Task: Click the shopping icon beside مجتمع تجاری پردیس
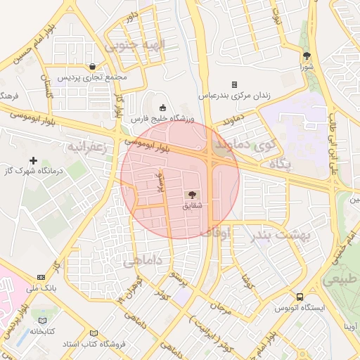[93, 67]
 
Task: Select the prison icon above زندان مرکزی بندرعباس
[234, 84]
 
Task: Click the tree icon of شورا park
[306, 56]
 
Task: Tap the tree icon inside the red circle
[192, 194]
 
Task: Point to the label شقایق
[192, 205]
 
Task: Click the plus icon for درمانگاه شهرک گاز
[33, 160]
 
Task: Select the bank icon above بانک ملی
[41, 277]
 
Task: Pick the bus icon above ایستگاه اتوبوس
[300, 297]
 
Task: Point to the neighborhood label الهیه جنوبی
[134, 45]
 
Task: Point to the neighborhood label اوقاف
[215, 231]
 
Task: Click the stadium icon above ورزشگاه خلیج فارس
[163, 108]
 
